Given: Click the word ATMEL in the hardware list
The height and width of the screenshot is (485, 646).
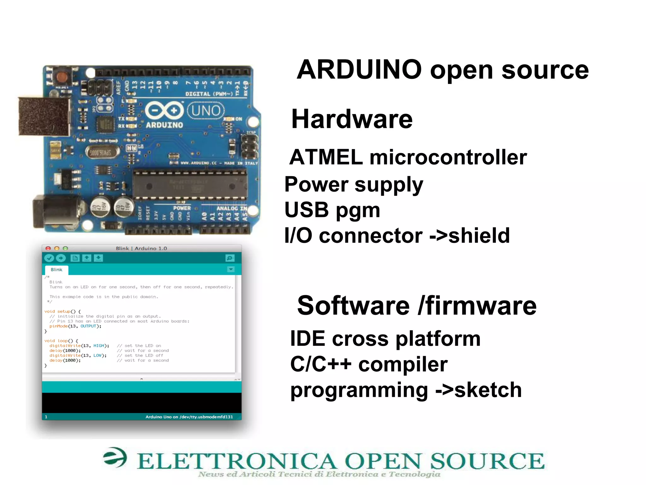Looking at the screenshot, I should click(326, 157).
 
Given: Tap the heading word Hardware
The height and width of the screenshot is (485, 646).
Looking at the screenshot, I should click(352, 119).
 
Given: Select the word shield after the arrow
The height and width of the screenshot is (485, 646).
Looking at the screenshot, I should click(479, 236).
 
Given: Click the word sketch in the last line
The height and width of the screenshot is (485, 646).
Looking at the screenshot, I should click(488, 390).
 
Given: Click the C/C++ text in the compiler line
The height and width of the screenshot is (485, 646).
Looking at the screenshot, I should click(320, 364).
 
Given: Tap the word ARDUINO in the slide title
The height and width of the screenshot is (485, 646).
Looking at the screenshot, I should click(359, 70).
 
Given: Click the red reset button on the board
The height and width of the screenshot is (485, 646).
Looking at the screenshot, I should click(62, 77).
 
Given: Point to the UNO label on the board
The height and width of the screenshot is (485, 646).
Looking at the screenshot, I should click(206, 111).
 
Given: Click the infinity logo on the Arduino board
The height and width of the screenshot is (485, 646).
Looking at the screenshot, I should click(164, 111).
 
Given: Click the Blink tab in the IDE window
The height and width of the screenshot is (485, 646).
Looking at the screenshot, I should click(56, 270).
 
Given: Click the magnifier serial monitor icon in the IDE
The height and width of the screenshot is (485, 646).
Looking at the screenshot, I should click(230, 258).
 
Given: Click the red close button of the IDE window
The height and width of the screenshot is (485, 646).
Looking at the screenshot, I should click(48, 248).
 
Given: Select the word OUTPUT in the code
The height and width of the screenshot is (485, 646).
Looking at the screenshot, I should click(88, 326).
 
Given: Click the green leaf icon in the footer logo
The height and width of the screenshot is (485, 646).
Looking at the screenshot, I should click(115, 457).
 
